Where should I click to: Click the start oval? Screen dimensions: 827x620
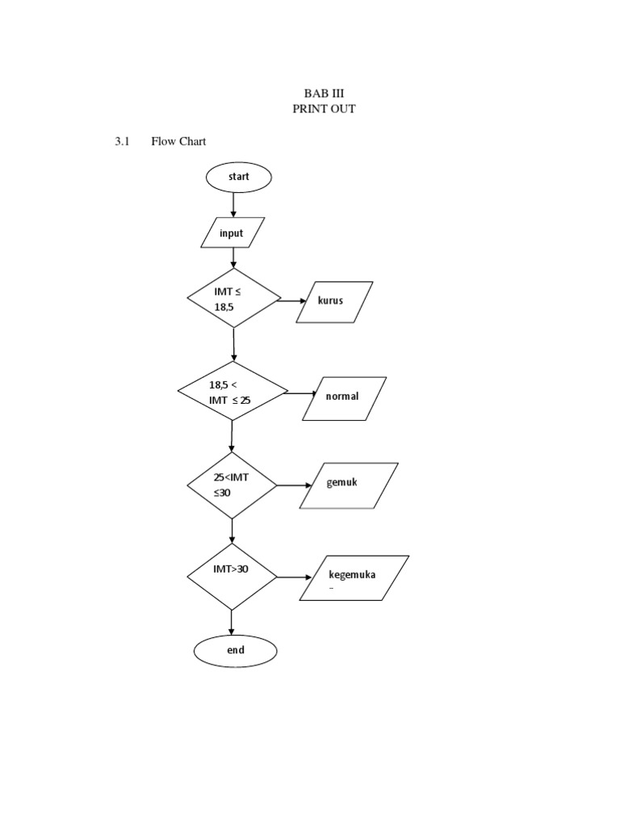(x=239, y=177)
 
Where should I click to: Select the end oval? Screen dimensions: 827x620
(x=235, y=650)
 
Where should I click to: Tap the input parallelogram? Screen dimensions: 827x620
(x=232, y=233)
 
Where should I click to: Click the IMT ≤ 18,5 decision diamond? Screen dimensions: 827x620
(x=234, y=297)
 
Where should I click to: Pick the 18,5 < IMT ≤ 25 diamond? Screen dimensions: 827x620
(x=232, y=392)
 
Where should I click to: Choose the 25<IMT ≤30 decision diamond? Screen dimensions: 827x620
(x=232, y=485)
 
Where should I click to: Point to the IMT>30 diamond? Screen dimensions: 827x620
(x=232, y=577)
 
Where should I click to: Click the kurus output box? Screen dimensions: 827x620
(x=335, y=300)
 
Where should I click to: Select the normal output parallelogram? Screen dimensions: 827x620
(x=345, y=397)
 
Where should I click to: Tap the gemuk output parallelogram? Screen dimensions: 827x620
(x=349, y=485)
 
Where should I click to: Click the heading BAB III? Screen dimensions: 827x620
(x=324, y=93)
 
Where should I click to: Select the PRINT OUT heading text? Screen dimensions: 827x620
(x=324, y=109)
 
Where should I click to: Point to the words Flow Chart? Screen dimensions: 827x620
(x=178, y=141)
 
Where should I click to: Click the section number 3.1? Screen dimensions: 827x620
(x=123, y=141)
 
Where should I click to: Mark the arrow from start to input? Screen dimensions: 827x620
(x=234, y=204)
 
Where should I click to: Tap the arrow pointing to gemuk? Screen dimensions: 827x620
(x=294, y=485)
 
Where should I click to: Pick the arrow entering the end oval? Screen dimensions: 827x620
(x=232, y=622)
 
